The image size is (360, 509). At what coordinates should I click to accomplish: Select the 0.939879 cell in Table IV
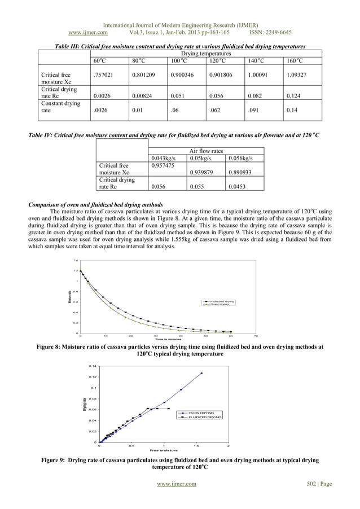[202, 173]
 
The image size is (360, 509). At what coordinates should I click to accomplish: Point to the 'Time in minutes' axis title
[168, 339]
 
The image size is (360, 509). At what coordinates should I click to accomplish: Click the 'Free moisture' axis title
[164, 450]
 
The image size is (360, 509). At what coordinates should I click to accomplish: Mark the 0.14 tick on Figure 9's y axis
[93, 366]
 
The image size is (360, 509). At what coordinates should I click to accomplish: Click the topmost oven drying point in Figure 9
[201, 373]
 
